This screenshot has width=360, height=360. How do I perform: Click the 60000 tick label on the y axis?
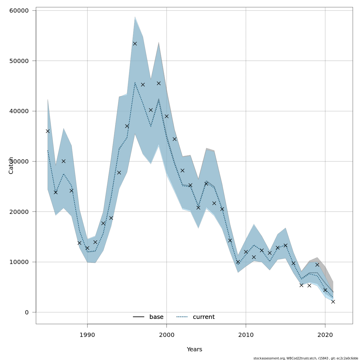(19, 10)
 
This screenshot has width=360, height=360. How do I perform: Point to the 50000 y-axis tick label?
(19, 61)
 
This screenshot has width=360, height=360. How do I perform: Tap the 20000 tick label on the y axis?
(19, 212)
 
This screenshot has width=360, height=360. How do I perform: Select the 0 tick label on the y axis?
(27, 312)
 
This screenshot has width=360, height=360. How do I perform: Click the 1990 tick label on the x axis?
(87, 335)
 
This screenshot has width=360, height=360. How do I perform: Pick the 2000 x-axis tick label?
(166, 335)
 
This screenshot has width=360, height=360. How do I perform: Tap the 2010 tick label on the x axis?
(246, 335)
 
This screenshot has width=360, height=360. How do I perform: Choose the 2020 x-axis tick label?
(325, 335)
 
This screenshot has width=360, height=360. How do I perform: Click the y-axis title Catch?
(11, 165)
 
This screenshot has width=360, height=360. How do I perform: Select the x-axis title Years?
(194, 349)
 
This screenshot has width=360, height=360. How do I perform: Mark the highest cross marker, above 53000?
(135, 43)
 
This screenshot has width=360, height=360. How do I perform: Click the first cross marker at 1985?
(48, 131)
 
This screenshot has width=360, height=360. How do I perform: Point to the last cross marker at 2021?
(333, 301)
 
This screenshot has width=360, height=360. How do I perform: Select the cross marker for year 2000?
(166, 116)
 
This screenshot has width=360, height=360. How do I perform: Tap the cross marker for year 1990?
(87, 248)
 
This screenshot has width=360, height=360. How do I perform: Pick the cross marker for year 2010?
(246, 252)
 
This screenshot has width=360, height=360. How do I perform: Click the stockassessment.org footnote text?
(306, 358)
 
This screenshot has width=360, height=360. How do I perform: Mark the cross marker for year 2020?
(325, 290)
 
